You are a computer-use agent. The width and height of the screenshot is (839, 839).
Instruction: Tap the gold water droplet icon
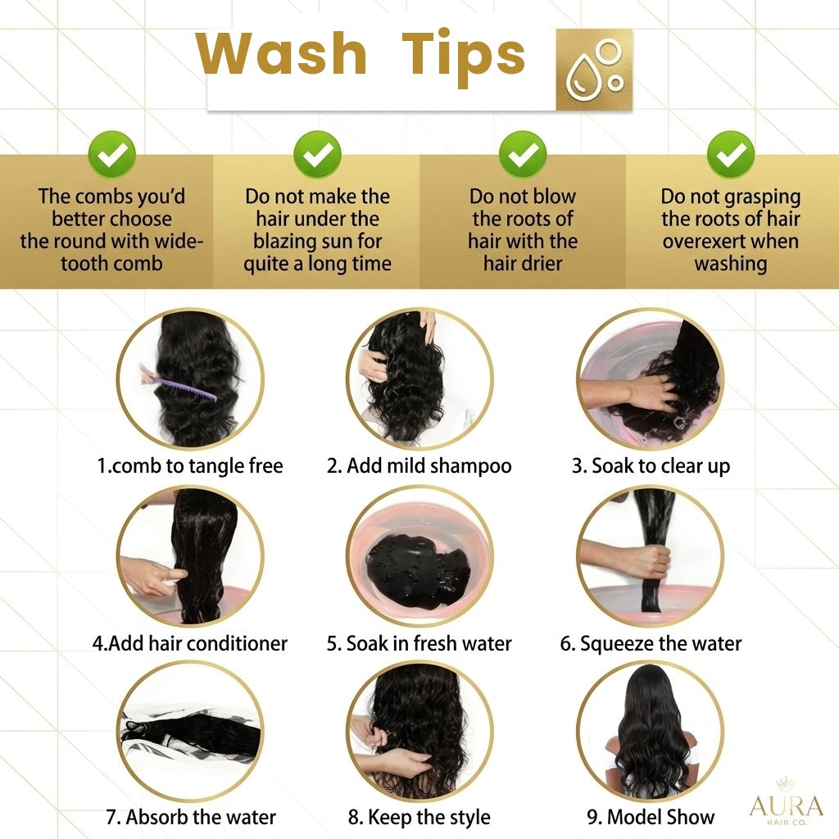coord(594,70)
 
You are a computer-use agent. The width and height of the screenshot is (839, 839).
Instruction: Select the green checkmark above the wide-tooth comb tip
coord(111,154)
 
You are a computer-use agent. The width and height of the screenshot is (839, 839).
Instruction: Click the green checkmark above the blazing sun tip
coord(317,154)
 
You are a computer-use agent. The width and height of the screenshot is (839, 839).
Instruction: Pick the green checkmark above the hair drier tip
coord(523,154)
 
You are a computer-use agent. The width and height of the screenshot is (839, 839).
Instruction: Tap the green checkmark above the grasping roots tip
coord(730,154)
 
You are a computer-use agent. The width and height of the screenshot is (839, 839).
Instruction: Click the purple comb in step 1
coord(182,388)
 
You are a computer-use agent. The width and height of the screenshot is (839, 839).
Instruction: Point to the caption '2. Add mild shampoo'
coord(419,466)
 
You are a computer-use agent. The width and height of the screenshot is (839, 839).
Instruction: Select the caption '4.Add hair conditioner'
coord(190,643)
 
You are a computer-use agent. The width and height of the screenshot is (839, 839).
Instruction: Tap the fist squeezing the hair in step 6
coord(649,561)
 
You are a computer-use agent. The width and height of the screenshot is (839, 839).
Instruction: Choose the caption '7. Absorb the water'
coord(191,817)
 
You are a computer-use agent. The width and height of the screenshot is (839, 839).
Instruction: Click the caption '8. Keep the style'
coord(419,818)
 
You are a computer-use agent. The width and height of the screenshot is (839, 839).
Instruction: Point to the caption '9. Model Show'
coord(651,817)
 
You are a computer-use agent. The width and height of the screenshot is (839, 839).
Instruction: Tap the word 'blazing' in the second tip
coord(284,242)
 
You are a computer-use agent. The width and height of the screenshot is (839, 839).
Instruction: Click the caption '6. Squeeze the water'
coord(651,644)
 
